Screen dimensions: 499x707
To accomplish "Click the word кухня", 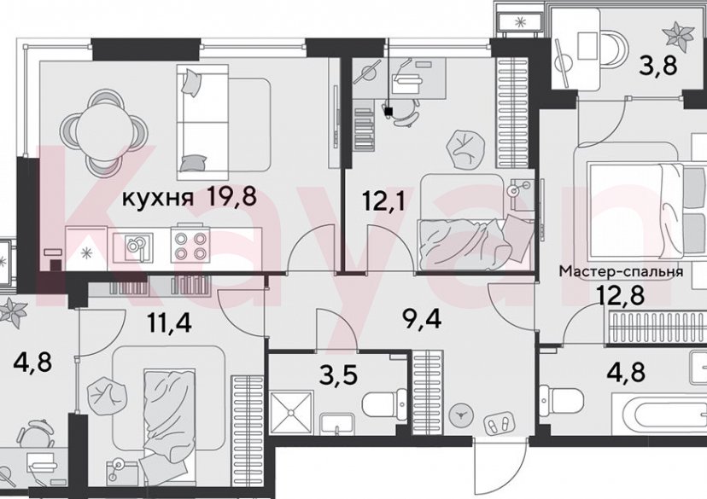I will coord(158,200).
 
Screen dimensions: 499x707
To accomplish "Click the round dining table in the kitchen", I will coord(101,132).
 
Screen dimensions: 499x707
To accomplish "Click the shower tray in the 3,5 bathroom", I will coord(294,417).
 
